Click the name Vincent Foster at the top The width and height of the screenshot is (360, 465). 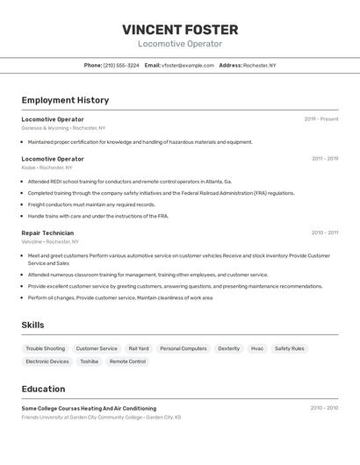click(180, 30)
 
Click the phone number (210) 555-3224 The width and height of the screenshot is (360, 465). click(121, 65)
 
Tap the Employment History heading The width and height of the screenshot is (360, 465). click(65, 100)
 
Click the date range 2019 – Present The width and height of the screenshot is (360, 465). click(321, 119)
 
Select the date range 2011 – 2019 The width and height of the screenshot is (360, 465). click(325, 159)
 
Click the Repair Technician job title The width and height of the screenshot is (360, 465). click(47, 232)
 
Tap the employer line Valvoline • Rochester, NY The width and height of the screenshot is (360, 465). click(50, 241)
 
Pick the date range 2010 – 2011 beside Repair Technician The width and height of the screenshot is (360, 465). click(325, 232)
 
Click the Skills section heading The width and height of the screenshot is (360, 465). click(32, 325)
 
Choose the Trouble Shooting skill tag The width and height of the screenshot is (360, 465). click(45, 348)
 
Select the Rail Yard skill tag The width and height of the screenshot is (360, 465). click(139, 348)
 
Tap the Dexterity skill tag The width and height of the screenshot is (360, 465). click(228, 348)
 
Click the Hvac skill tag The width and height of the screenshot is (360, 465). click(257, 348)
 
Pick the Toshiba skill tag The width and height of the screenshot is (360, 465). click(89, 361)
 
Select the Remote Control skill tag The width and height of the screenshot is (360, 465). click(127, 361)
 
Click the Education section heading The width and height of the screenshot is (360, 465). click(43, 389)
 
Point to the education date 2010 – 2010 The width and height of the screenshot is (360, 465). click(324, 408)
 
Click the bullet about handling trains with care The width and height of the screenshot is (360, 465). click(97, 216)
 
